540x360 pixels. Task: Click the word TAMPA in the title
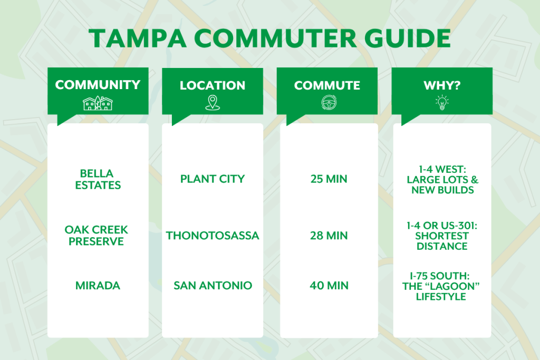coord(138,38)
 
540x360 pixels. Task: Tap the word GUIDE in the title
coord(408,38)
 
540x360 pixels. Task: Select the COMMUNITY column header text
coord(98,85)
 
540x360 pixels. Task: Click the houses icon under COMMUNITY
coord(98,103)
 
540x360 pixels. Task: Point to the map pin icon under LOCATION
coord(213,103)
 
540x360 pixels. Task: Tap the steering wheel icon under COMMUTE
coord(329,103)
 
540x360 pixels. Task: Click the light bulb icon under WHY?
coord(442,103)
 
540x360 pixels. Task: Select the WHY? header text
coord(442,85)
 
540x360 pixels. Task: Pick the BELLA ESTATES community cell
coord(98,179)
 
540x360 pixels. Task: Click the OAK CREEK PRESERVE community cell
coord(96,236)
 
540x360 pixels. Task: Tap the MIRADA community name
coord(98,286)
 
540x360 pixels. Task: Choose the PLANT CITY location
coord(213,179)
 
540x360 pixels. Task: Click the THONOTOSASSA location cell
coord(213,236)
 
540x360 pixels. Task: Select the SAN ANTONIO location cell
coord(213,286)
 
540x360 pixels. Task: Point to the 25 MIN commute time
coord(329,179)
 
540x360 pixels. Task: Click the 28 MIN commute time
coord(329,236)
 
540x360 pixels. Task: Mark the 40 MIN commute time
coord(329,286)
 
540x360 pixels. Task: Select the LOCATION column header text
coord(213,85)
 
